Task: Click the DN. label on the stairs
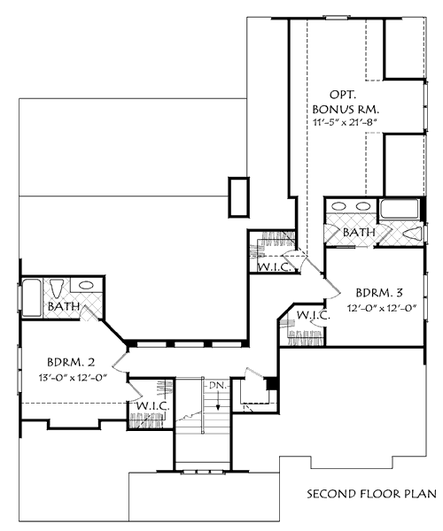[x=214, y=386]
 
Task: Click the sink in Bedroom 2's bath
[x=86, y=287]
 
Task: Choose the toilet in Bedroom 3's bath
[x=412, y=233]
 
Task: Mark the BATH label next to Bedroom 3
[x=360, y=233]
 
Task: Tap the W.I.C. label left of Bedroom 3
[x=313, y=315]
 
